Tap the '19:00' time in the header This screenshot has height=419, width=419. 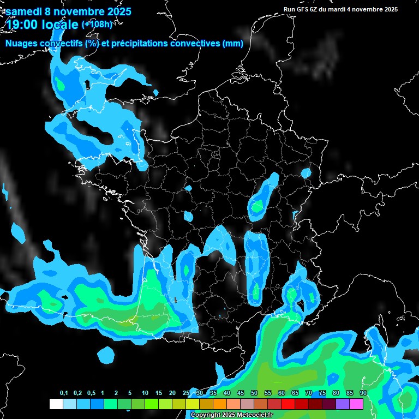(x=22, y=24)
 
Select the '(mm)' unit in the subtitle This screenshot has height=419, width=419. (x=233, y=44)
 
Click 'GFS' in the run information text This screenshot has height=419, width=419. (x=303, y=9)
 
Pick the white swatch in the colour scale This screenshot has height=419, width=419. (x=56, y=404)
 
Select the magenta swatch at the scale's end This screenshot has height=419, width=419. (x=356, y=404)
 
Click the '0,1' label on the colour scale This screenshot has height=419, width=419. (x=64, y=393)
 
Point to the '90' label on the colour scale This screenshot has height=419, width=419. (x=363, y=393)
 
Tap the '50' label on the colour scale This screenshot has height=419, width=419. (x=254, y=393)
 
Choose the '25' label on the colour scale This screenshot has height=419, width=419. (x=186, y=393)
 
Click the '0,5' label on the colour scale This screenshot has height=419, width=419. (x=91, y=393)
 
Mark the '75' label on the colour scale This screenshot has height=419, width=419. (x=322, y=393)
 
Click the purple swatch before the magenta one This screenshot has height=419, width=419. (x=343, y=404)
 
